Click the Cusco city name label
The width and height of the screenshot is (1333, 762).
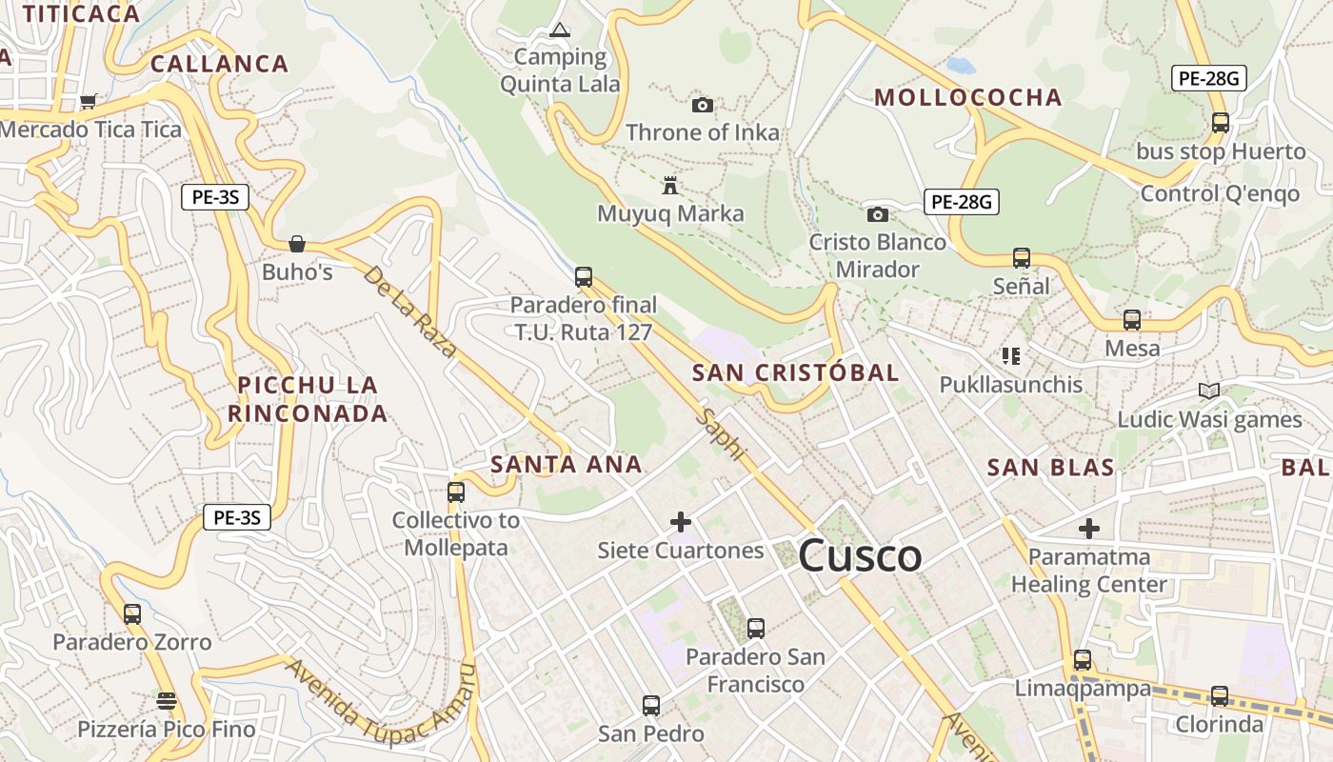point(860,555)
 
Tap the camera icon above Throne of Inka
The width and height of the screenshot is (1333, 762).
point(703,105)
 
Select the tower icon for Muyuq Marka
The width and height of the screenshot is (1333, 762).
point(671,185)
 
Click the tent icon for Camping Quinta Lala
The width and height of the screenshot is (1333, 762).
point(560,30)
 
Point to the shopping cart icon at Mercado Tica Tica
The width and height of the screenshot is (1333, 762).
point(89,101)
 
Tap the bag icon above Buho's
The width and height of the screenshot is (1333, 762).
point(297,244)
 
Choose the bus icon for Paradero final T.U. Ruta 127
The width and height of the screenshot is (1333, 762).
point(584,277)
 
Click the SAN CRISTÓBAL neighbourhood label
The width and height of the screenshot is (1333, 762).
point(795,372)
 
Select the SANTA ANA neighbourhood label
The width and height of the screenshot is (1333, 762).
point(567,465)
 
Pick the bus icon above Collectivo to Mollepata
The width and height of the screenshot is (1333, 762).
point(456,491)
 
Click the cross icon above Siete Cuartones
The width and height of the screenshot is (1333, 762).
point(681,522)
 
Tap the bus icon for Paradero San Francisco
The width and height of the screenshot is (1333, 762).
point(756,629)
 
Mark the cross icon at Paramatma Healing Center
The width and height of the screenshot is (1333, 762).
point(1089,528)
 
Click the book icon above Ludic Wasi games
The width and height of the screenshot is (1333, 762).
point(1209,391)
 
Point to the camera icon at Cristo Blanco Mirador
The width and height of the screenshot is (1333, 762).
point(878,214)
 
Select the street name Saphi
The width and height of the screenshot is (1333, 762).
point(721,434)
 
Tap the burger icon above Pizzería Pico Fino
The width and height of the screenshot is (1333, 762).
point(167,701)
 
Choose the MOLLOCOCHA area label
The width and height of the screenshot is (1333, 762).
point(968,97)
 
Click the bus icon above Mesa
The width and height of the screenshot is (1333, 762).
point(1132,320)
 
